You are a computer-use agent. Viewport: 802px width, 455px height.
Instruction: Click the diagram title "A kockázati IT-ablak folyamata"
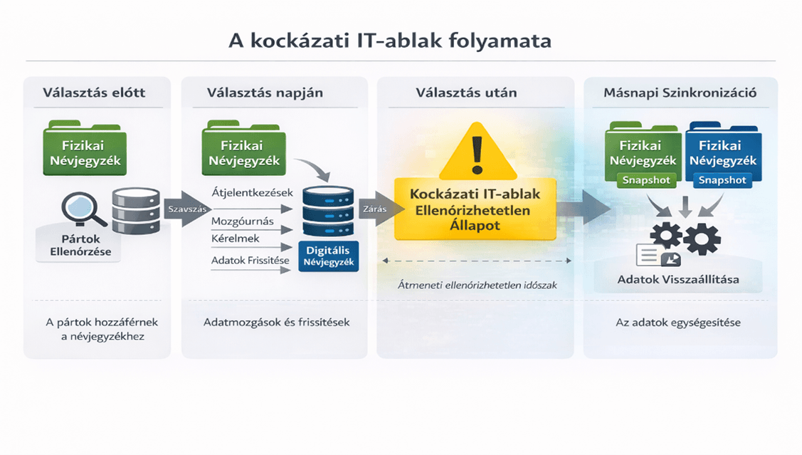coord(389,40)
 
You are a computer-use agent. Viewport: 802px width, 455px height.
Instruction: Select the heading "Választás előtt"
coord(94,93)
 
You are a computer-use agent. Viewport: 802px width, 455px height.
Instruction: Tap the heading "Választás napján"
coord(265,93)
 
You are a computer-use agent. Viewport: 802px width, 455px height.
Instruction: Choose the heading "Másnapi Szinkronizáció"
coord(680,93)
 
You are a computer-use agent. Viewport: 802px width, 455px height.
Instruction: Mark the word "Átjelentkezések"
coord(252,193)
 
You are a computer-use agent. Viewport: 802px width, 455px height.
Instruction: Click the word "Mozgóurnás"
coord(243,221)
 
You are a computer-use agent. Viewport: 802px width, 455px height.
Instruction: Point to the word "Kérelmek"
coord(236,239)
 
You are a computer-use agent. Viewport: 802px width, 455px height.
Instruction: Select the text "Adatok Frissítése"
coord(250,261)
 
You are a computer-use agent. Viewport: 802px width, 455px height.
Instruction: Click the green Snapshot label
coord(646,180)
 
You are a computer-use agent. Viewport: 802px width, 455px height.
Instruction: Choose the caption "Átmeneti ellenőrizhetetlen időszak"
coord(477,286)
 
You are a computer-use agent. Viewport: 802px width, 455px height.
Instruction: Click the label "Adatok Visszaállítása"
coord(677,280)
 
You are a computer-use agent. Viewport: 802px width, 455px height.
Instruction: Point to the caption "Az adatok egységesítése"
coord(678,323)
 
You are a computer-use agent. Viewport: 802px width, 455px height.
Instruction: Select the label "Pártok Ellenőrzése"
coord(80,245)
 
